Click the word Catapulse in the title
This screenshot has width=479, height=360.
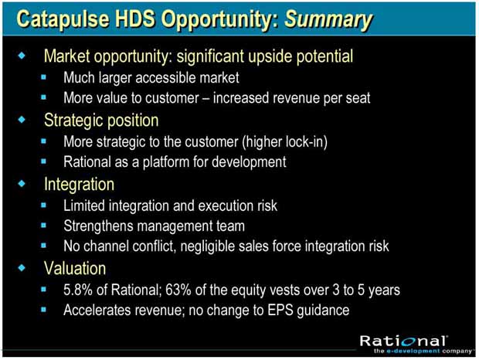click(63, 19)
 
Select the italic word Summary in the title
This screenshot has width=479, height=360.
click(328, 20)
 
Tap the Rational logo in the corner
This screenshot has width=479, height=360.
click(403, 341)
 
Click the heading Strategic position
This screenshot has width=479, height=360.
click(101, 121)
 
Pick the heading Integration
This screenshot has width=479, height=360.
click(79, 185)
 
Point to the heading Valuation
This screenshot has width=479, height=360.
click(75, 268)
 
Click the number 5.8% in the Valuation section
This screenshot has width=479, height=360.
click(78, 290)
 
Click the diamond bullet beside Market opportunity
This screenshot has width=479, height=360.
click(22, 56)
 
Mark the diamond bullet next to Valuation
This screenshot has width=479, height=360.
click(22, 268)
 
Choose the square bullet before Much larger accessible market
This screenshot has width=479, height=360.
click(43, 76)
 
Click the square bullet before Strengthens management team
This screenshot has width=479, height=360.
click(43, 226)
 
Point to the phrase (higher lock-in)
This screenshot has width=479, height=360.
click(285, 141)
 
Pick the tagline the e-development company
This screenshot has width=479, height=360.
click(423, 352)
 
